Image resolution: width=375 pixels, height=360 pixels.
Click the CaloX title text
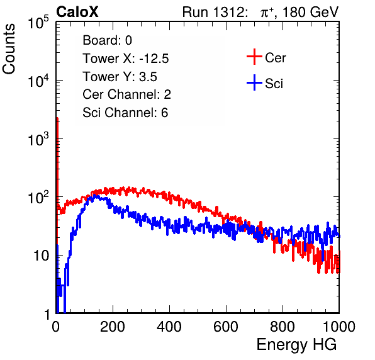pyautogui.click(x=77, y=12)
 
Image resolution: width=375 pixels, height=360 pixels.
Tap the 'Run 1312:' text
pyautogui.click(x=215, y=12)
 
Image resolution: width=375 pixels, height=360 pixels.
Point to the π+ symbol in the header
pyautogui.click(x=267, y=13)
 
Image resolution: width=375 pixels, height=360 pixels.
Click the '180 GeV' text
pyautogui.click(x=310, y=12)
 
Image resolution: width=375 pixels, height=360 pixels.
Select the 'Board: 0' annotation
pyautogui.click(x=107, y=40)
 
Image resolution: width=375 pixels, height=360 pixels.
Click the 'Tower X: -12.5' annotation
pyautogui.click(x=126, y=59)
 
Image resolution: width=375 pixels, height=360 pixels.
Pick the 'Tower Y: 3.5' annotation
pyautogui.click(x=120, y=77)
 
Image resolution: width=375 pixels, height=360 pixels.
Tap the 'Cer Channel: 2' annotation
pyautogui.click(x=126, y=94)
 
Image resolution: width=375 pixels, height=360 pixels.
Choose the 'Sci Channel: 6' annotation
pyautogui.click(x=125, y=113)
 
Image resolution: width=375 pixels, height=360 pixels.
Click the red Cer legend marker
pyautogui.click(x=254, y=57)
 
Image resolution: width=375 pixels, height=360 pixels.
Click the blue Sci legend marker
pyautogui.click(x=254, y=82)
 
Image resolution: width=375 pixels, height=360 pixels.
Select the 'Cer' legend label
pyautogui.click(x=275, y=58)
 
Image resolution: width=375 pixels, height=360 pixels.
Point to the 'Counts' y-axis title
pyautogui.click(x=9, y=49)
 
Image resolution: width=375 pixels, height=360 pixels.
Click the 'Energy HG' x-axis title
pyautogui.click(x=296, y=345)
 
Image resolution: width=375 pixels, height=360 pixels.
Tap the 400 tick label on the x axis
pyautogui.click(x=169, y=327)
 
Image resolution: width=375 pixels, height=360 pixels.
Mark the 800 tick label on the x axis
pyautogui.click(x=283, y=327)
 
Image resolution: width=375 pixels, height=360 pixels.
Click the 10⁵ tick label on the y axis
pyautogui.click(x=38, y=23)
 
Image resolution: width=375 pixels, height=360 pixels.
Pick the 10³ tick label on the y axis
pyautogui.click(x=38, y=140)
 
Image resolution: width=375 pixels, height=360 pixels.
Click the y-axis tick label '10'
pyautogui.click(x=41, y=256)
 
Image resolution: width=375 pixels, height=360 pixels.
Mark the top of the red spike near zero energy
pyautogui.click(x=57, y=118)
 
